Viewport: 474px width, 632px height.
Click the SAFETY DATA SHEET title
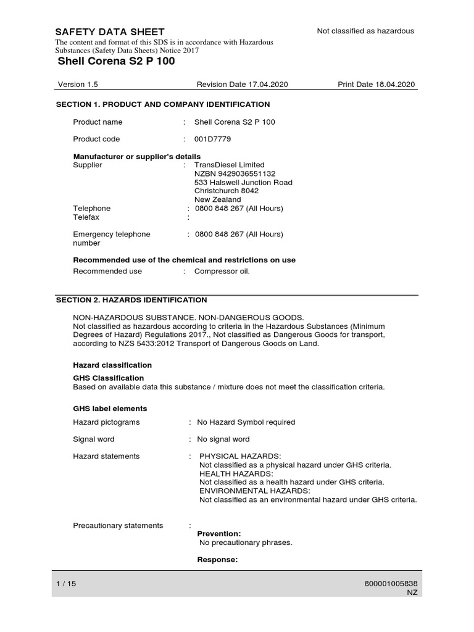(110, 32)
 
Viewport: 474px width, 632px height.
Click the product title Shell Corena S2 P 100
(116, 61)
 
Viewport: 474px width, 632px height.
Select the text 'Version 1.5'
(78, 85)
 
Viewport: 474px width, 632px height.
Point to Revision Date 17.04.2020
(242, 85)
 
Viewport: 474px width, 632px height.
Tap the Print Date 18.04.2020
(376, 85)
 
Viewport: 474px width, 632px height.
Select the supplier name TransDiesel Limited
(229, 165)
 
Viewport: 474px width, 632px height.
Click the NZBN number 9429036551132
(235, 174)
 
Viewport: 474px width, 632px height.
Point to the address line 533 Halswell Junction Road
(243, 183)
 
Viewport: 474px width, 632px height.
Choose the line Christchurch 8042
(227, 191)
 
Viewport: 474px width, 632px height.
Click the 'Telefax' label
(86, 217)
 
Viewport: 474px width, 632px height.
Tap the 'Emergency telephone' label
(112, 235)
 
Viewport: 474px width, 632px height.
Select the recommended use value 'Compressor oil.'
(222, 271)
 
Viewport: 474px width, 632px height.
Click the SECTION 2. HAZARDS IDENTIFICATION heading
(131, 300)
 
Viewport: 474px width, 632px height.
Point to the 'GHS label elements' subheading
(110, 409)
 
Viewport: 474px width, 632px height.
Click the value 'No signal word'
(223, 439)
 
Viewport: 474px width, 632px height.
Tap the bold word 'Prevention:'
(219, 533)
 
